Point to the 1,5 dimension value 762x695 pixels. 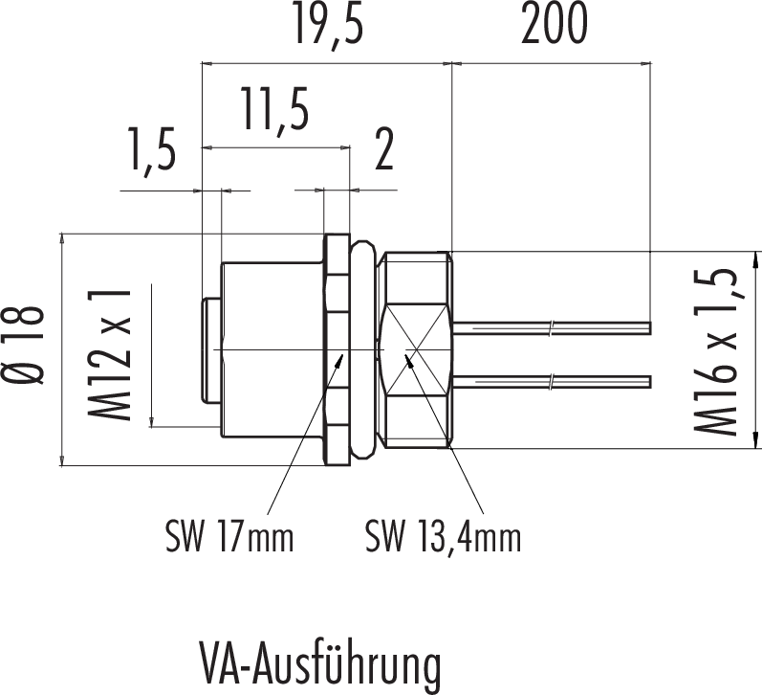[149, 152]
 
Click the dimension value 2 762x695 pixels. [383, 152]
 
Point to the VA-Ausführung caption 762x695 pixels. [321, 662]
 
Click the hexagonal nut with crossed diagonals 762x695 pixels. [414, 349]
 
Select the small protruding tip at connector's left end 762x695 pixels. [210, 350]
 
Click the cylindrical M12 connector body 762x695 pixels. [272, 350]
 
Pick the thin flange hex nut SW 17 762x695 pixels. [336, 350]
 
